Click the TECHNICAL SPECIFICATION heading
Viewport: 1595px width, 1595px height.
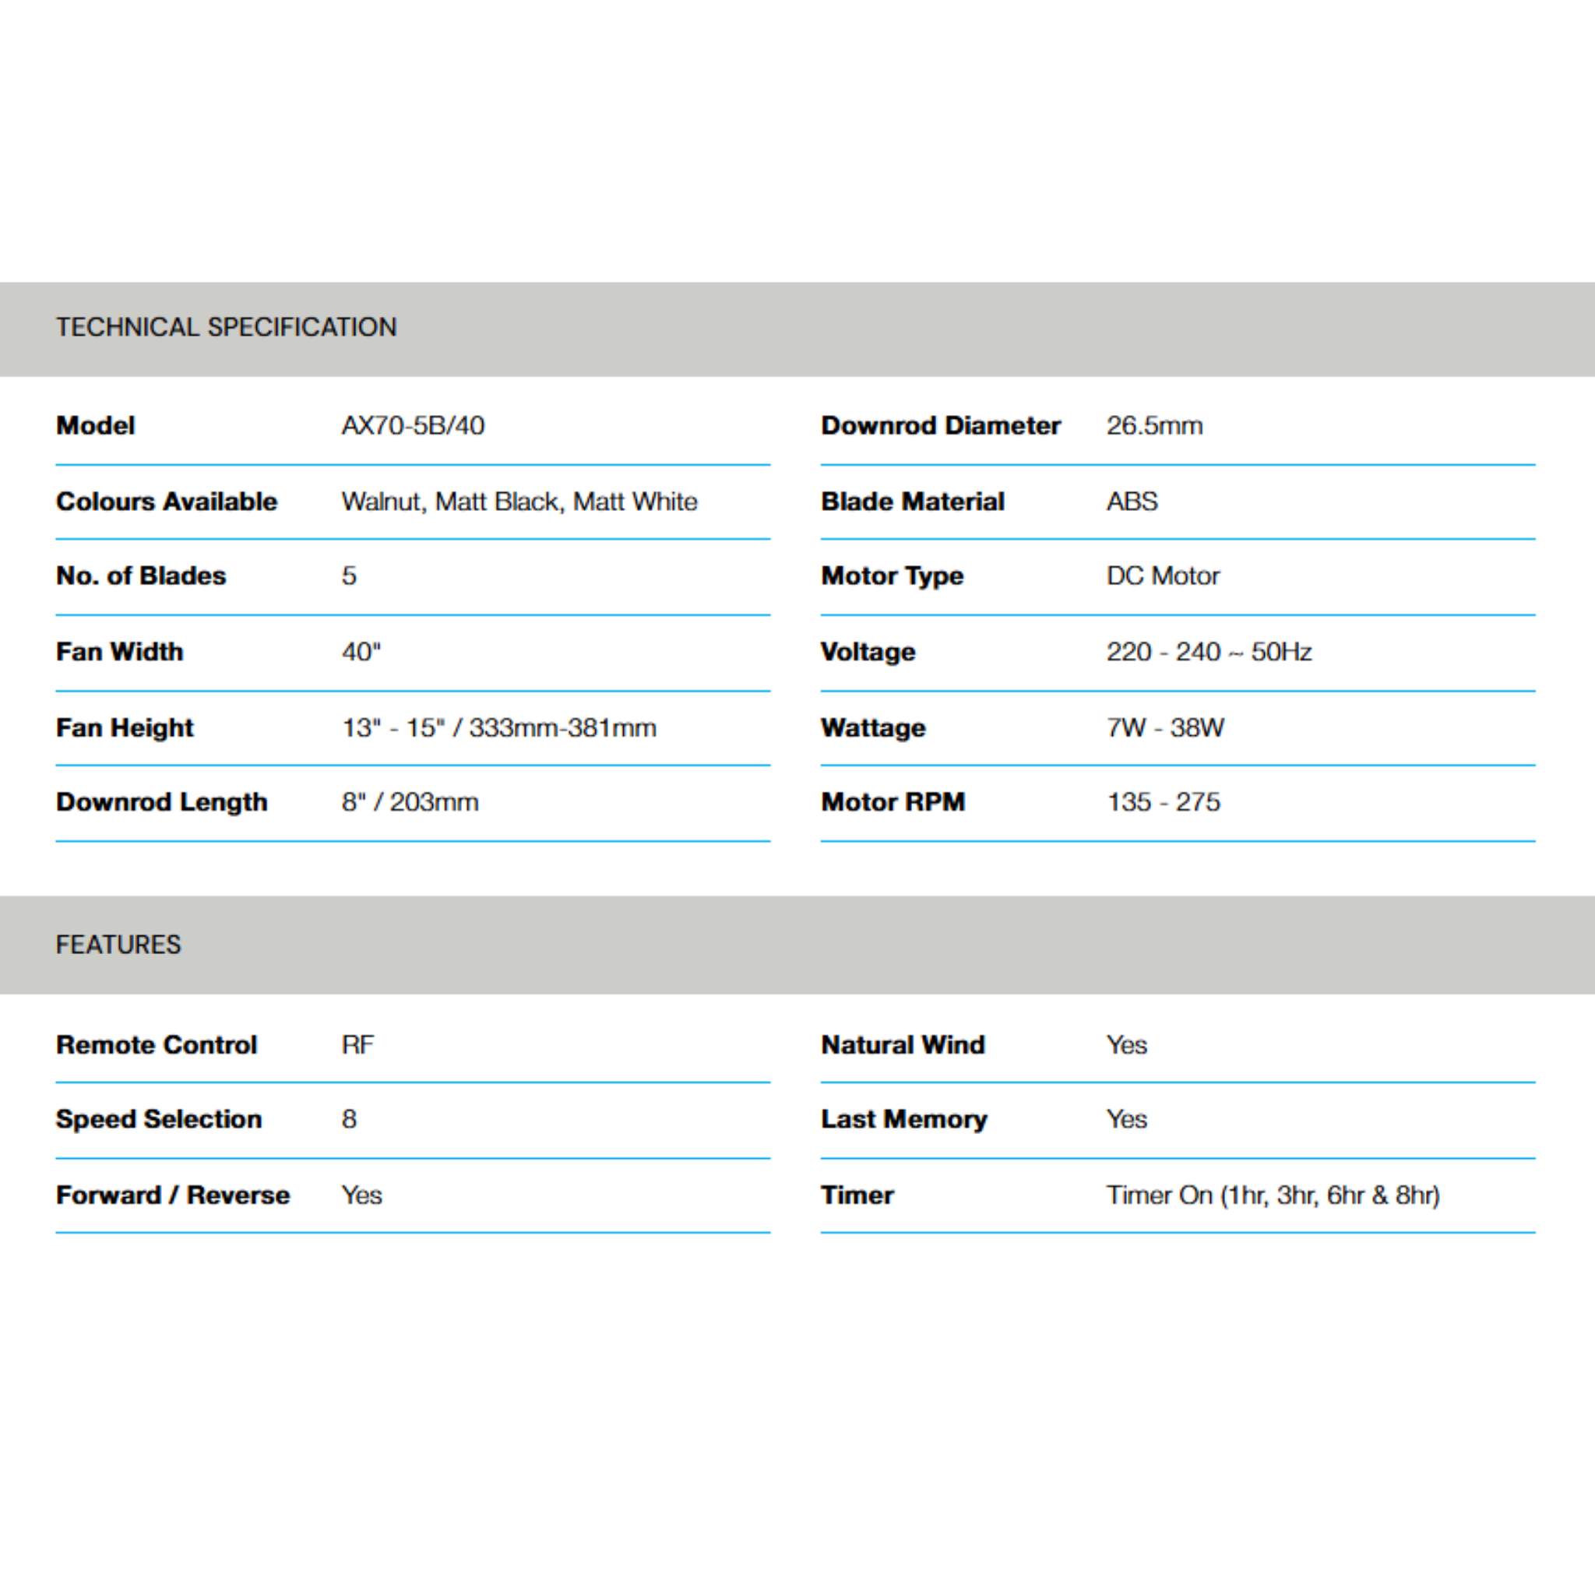click(x=226, y=327)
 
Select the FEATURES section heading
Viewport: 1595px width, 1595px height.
click(x=118, y=945)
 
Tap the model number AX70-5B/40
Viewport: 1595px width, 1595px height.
click(x=413, y=426)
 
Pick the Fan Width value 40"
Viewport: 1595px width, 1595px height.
click(x=361, y=652)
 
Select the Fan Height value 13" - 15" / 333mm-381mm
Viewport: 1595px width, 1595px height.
click(x=498, y=728)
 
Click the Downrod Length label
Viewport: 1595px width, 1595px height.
click(x=162, y=802)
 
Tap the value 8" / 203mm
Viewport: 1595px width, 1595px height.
click(x=410, y=802)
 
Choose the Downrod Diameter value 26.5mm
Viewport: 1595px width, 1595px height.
click(x=1154, y=426)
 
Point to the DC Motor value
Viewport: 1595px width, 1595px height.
click(x=1163, y=576)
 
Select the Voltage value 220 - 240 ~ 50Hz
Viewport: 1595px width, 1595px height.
click(x=1209, y=652)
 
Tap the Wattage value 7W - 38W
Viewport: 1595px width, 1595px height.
click(x=1165, y=728)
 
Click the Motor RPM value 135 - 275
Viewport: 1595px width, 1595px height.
click(x=1164, y=802)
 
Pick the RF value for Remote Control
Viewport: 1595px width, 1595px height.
click(x=357, y=1045)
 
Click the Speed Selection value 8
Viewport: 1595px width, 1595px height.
click(x=349, y=1119)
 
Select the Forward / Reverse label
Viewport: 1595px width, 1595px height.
click(x=174, y=1195)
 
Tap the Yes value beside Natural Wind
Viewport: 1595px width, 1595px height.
click(x=1127, y=1045)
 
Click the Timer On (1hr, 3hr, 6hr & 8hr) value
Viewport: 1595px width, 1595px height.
click(x=1273, y=1195)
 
